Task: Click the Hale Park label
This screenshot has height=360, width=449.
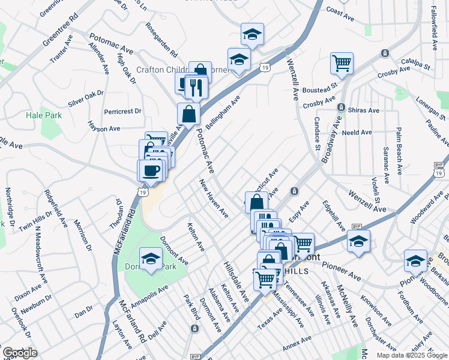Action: pos(43,115)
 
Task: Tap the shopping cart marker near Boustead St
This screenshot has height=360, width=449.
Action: pos(341,63)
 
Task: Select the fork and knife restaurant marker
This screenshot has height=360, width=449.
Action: pos(196,88)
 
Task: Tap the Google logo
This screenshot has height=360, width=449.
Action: pos(20,353)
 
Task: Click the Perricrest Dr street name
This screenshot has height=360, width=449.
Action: pos(122,111)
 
